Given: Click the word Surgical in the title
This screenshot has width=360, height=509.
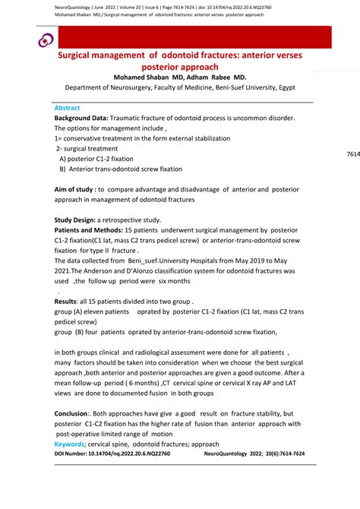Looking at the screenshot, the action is coord(80,55).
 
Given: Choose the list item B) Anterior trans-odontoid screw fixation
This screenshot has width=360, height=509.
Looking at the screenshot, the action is coord(121,169).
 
